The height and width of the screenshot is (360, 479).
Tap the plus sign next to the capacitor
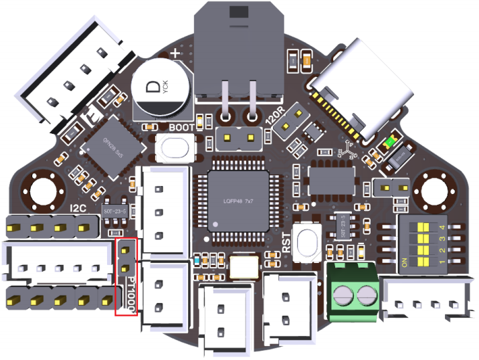click(176, 52)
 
